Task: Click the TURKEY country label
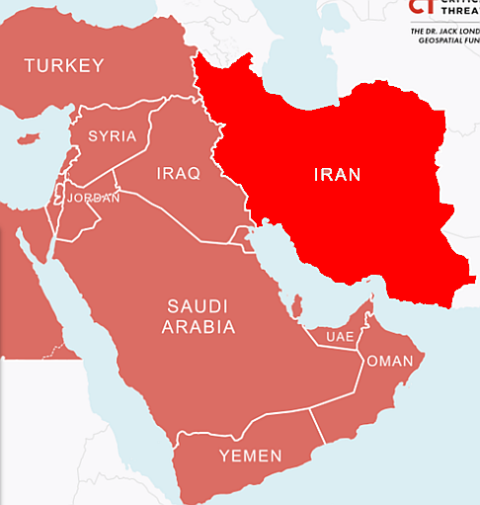pyautogui.click(x=64, y=66)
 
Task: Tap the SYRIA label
pyautogui.click(x=112, y=136)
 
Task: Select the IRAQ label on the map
pyautogui.click(x=178, y=174)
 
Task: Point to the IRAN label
pyautogui.click(x=337, y=175)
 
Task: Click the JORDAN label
pyautogui.click(x=93, y=198)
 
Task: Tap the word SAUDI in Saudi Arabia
pyautogui.click(x=198, y=305)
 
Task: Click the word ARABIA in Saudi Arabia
pyautogui.click(x=200, y=327)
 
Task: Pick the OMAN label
pyautogui.click(x=389, y=361)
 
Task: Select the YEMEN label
pyautogui.click(x=250, y=456)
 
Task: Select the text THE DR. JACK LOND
pyautogui.click(x=444, y=32)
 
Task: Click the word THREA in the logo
pyautogui.click(x=458, y=14)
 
